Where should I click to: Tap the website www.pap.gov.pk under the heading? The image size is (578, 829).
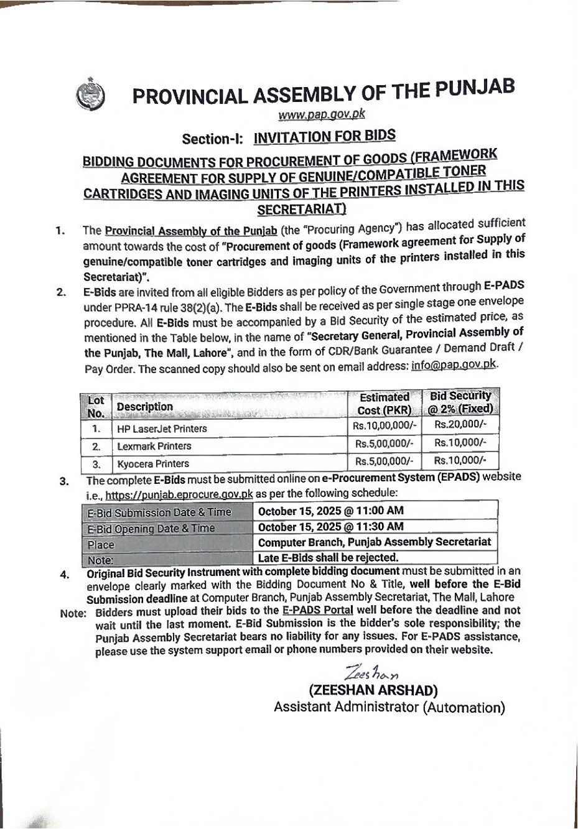pyautogui.click(x=321, y=114)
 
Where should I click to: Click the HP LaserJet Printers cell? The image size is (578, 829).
pyautogui.click(x=162, y=429)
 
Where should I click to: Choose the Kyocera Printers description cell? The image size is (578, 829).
pyautogui.click(x=153, y=464)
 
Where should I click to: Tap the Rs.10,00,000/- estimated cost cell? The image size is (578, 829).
pyautogui.click(x=384, y=426)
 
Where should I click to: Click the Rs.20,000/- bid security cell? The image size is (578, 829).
pyautogui.click(x=460, y=424)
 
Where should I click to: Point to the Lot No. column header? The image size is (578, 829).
pyautogui.click(x=96, y=407)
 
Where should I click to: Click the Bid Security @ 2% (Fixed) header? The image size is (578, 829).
pyautogui.click(x=460, y=402)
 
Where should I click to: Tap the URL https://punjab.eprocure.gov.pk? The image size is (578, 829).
pyautogui.click(x=179, y=495)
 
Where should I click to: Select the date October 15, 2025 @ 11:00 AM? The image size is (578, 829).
pyautogui.click(x=330, y=511)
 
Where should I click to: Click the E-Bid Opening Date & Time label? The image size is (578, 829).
pyautogui.click(x=151, y=529)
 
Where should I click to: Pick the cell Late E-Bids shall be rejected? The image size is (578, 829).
pyautogui.click(x=328, y=558)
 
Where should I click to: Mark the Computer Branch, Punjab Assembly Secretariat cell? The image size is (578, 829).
pyautogui.click(x=375, y=542)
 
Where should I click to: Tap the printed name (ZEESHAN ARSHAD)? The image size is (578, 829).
pyautogui.click(x=373, y=690)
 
